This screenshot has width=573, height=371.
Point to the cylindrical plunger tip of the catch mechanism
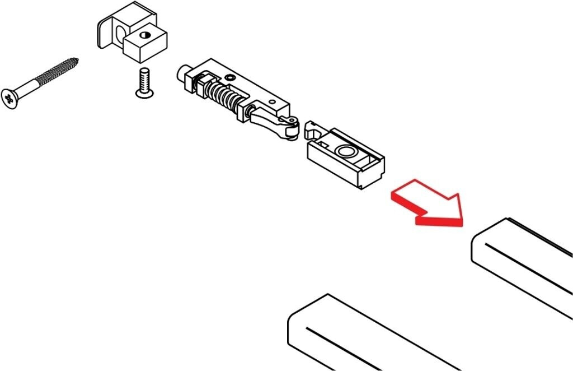tap(184, 73)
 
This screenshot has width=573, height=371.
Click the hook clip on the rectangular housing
tap(311, 128)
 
